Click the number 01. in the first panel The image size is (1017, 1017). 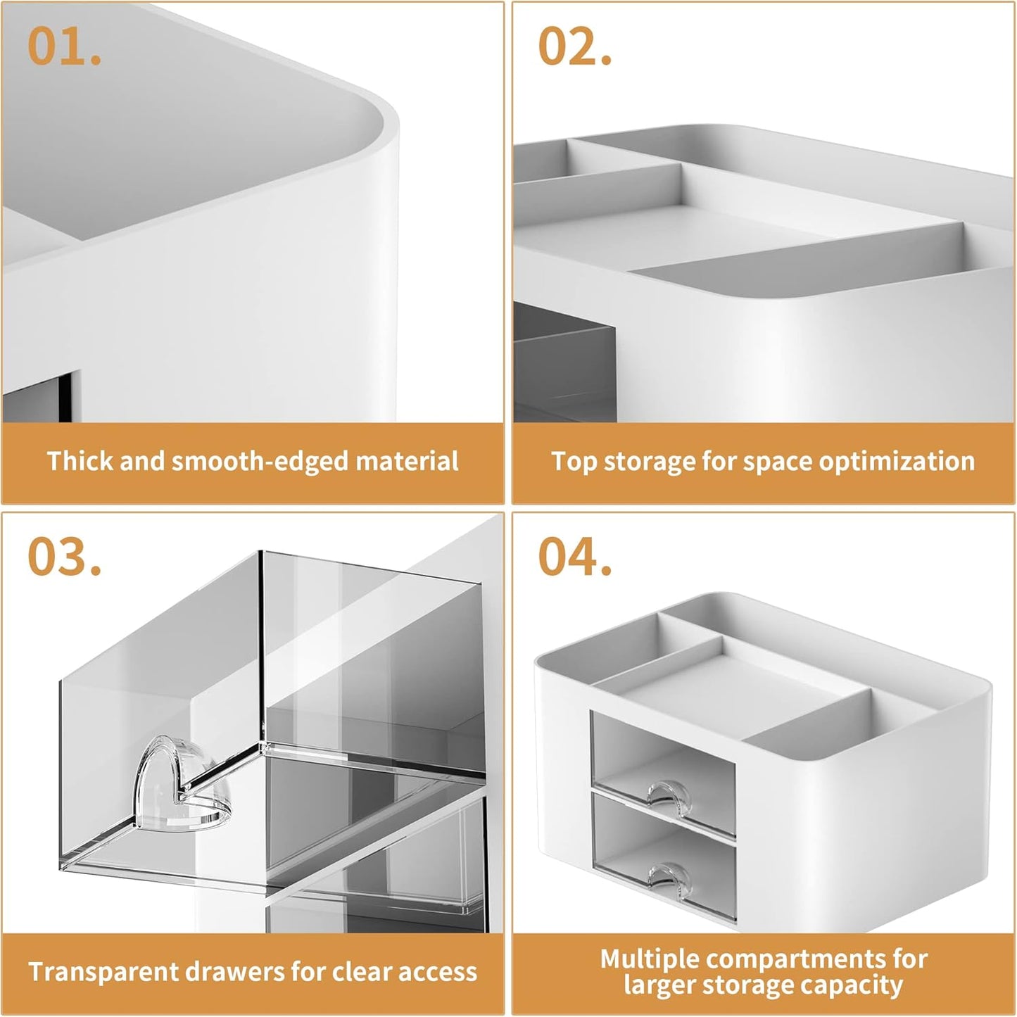(x=64, y=47)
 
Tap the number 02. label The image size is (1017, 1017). (x=574, y=47)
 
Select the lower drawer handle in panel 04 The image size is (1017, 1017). (x=664, y=877)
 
